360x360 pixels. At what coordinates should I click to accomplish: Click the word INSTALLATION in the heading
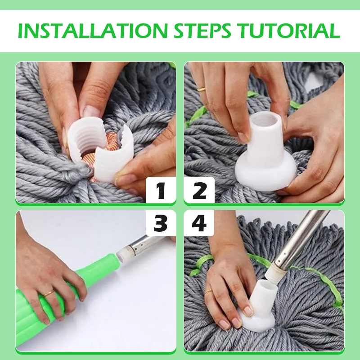tap(93, 31)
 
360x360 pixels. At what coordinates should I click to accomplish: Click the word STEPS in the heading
tap(202, 31)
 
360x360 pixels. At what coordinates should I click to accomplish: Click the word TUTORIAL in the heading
tap(288, 31)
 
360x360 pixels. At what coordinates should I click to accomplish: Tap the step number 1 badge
tap(161, 190)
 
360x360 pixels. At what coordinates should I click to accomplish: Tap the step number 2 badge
tap(199, 190)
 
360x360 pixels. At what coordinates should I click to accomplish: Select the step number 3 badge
tap(161, 223)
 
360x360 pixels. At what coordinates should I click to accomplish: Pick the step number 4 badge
tap(199, 223)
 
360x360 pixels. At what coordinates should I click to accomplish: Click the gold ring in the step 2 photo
tap(202, 89)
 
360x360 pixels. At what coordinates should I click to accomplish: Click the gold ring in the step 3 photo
tap(49, 293)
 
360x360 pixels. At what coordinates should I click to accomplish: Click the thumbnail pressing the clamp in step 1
tap(90, 112)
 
